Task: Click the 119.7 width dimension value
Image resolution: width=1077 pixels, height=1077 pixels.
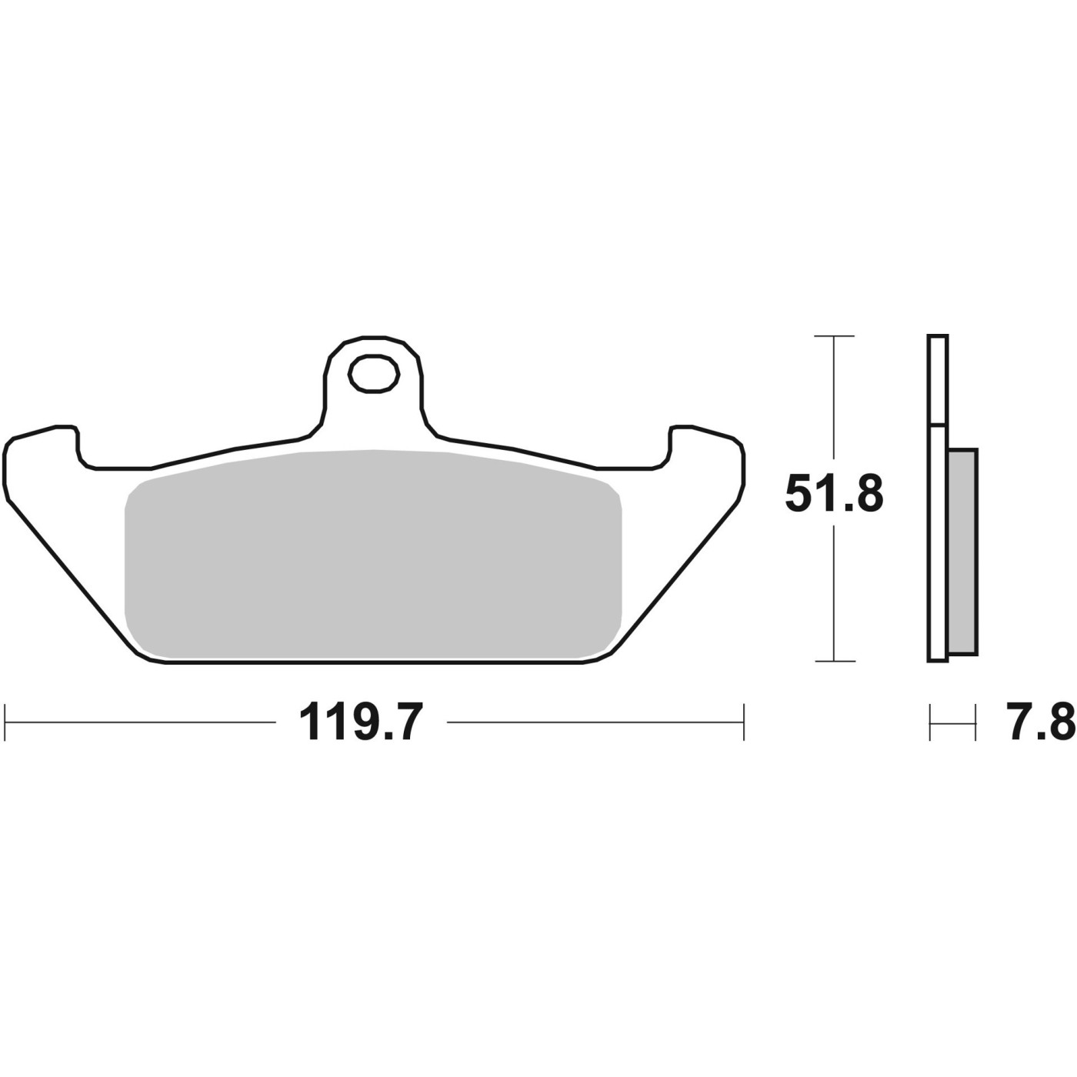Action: pyautogui.click(x=360, y=722)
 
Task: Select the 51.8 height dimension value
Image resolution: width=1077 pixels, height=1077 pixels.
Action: pyautogui.click(x=834, y=494)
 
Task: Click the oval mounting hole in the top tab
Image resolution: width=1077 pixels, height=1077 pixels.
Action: pyautogui.click(x=373, y=373)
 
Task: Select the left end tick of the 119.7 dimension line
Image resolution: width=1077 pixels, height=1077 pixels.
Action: pyautogui.click(x=5, y=722)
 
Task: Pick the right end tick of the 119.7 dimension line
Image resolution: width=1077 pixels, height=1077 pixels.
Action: pyautogui.click(x=744, y=722)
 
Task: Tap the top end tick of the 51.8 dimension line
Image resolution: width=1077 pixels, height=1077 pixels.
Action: pyautogui.click(x=835, y=336)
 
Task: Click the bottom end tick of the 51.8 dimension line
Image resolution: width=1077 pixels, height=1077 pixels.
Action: pyautogui.click(x=835, y=661)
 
